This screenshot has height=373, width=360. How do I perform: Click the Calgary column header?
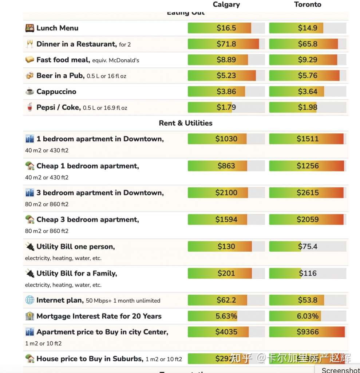tap(226, 5)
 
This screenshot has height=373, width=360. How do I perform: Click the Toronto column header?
tap(308, 5)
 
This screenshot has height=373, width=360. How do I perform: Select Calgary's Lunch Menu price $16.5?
tap(226, 28)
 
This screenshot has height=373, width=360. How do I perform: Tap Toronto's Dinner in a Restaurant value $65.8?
tap(308, 44)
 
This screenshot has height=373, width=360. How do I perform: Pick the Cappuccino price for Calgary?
tap(226, 91)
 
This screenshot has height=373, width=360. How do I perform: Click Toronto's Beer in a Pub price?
tap(308, 76)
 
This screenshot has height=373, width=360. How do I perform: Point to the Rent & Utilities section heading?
tap(186, 123)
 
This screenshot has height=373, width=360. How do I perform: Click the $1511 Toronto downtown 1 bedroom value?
tap(308, 139)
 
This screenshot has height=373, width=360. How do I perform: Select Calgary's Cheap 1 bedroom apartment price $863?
tap(226, 166)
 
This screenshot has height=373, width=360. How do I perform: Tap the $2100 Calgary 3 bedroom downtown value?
tap(226, 193)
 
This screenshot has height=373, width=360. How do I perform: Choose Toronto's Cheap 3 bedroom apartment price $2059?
tap(308, 220)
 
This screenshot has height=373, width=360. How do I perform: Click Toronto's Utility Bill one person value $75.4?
tap(308, 247)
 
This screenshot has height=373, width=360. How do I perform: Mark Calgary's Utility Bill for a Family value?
tap(226, 273)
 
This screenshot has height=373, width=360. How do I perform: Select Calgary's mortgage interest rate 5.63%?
tap(226, 316)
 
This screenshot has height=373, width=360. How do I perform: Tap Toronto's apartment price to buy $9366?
tap(308, 332)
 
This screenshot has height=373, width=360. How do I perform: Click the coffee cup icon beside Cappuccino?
tap(29, 92)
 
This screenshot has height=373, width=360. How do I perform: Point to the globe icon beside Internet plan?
tap(29, 300)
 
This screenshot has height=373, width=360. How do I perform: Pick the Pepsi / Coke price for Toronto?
tap(308, 107)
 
